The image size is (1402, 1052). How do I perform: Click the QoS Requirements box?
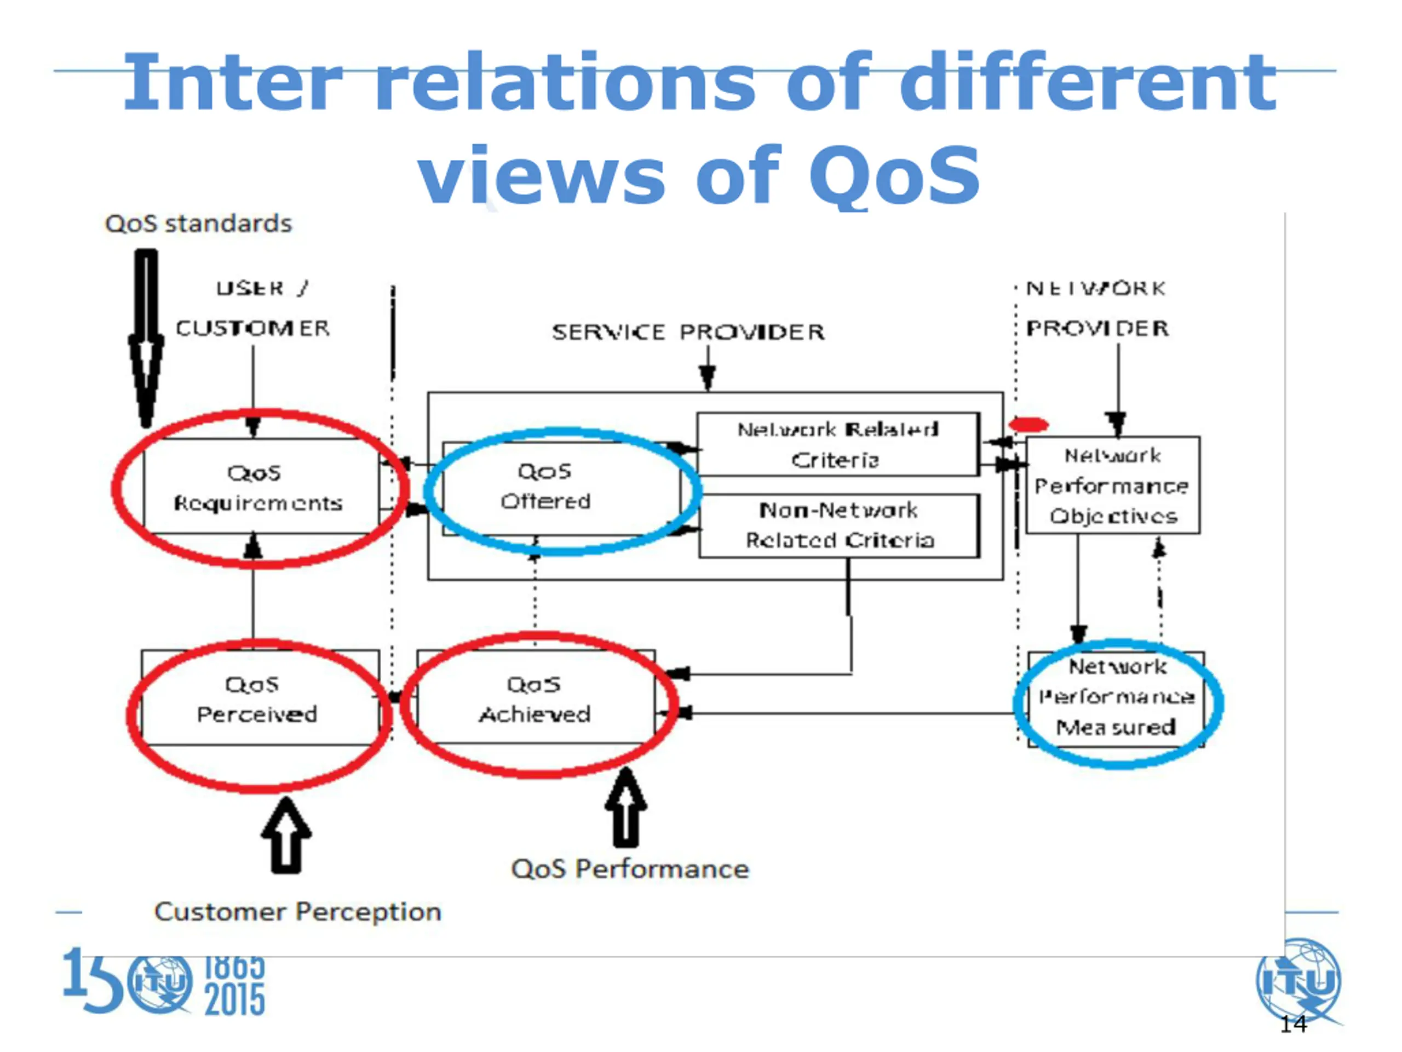pos(260,487)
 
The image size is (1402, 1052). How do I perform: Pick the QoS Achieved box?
pos(536,697)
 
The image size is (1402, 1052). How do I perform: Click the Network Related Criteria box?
pos(837,444)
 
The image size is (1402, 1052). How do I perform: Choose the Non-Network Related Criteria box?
pos(839,525)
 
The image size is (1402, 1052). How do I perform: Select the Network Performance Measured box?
pos(1116,697)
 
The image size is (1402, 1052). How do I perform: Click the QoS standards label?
pos(198,224)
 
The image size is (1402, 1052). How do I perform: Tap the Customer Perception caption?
pos(298,912)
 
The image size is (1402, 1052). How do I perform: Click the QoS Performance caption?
pos(630,869)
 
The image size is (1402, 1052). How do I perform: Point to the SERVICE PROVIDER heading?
pos(688,331)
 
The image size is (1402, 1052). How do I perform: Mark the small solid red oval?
pos(1028,424)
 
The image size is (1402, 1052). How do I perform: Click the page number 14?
pos(1292,1024)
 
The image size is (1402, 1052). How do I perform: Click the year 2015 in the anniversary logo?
pos(234,1000)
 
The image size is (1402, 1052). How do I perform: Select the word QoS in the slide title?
pos(894,174)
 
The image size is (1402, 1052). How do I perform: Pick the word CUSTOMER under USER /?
pos(253,328)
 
